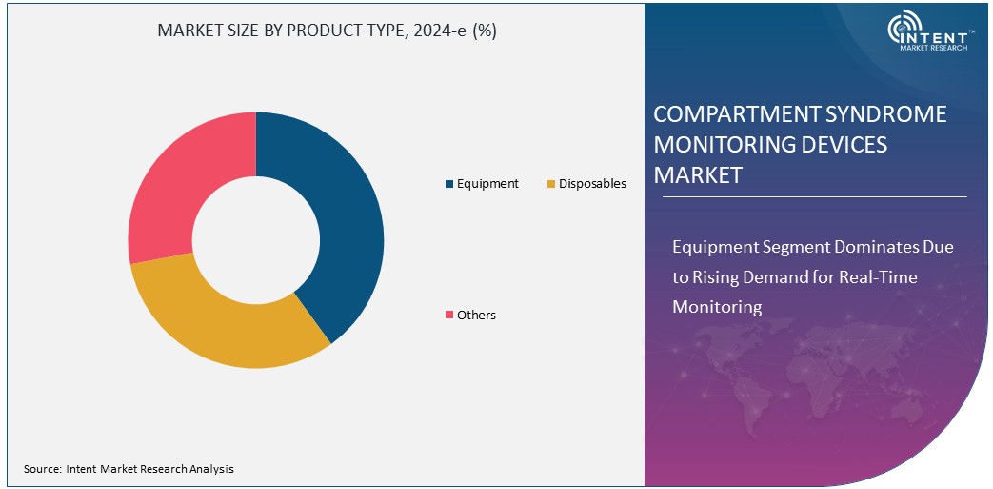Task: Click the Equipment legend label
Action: [x=487, y=184]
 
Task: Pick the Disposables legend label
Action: [x=592, y=184]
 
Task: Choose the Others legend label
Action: [x=476, y=315]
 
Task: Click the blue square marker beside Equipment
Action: [x=449, y=184]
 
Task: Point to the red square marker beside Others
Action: [x=449, y=315]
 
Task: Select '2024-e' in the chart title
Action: [x=442, y=31]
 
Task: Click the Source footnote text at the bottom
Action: [x=129, y=469]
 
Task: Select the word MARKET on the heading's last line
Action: [x=697, y=176]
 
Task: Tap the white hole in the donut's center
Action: [x=255, y=239]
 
